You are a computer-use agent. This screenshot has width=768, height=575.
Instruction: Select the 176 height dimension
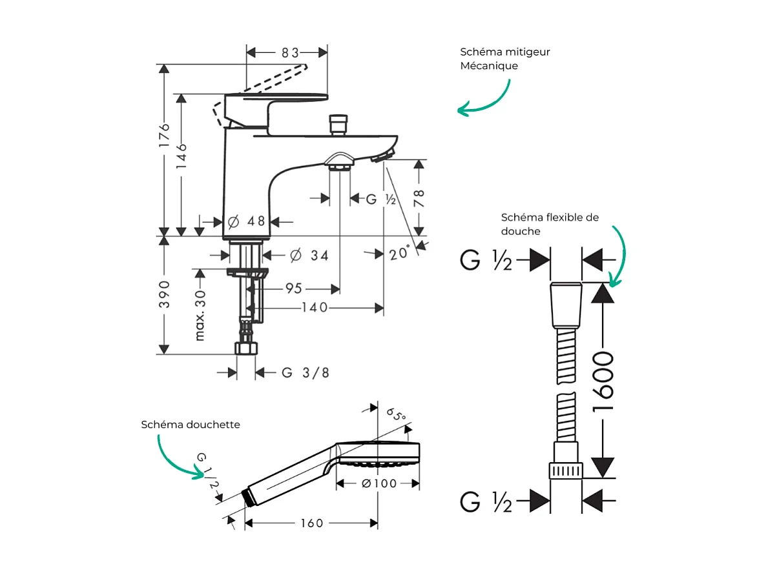tap(165, 137)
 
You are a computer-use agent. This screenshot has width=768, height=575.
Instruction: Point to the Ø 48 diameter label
tap(247, 221)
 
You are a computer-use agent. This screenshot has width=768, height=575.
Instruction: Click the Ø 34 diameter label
tap(309, 256)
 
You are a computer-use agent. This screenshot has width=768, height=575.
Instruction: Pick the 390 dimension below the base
tap(165, 294)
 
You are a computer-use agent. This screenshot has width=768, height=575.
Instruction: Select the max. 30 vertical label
tap(200, 314)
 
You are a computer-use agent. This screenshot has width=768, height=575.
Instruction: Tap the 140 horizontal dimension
tap(315, 308)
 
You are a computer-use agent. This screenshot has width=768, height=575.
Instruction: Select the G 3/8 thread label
tap(306, 372)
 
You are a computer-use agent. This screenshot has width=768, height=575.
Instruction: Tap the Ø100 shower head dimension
tap(379, 483)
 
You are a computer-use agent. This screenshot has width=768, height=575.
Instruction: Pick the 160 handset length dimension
tap(311, 523)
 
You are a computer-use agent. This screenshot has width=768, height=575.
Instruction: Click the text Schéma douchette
tap(191, 424)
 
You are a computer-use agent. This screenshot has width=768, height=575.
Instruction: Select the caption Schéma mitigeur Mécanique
tap(504, 59)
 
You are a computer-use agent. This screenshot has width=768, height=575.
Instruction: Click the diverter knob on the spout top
tap(338, 124)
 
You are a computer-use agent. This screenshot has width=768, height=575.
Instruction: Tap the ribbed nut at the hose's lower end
tap(566, 470)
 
